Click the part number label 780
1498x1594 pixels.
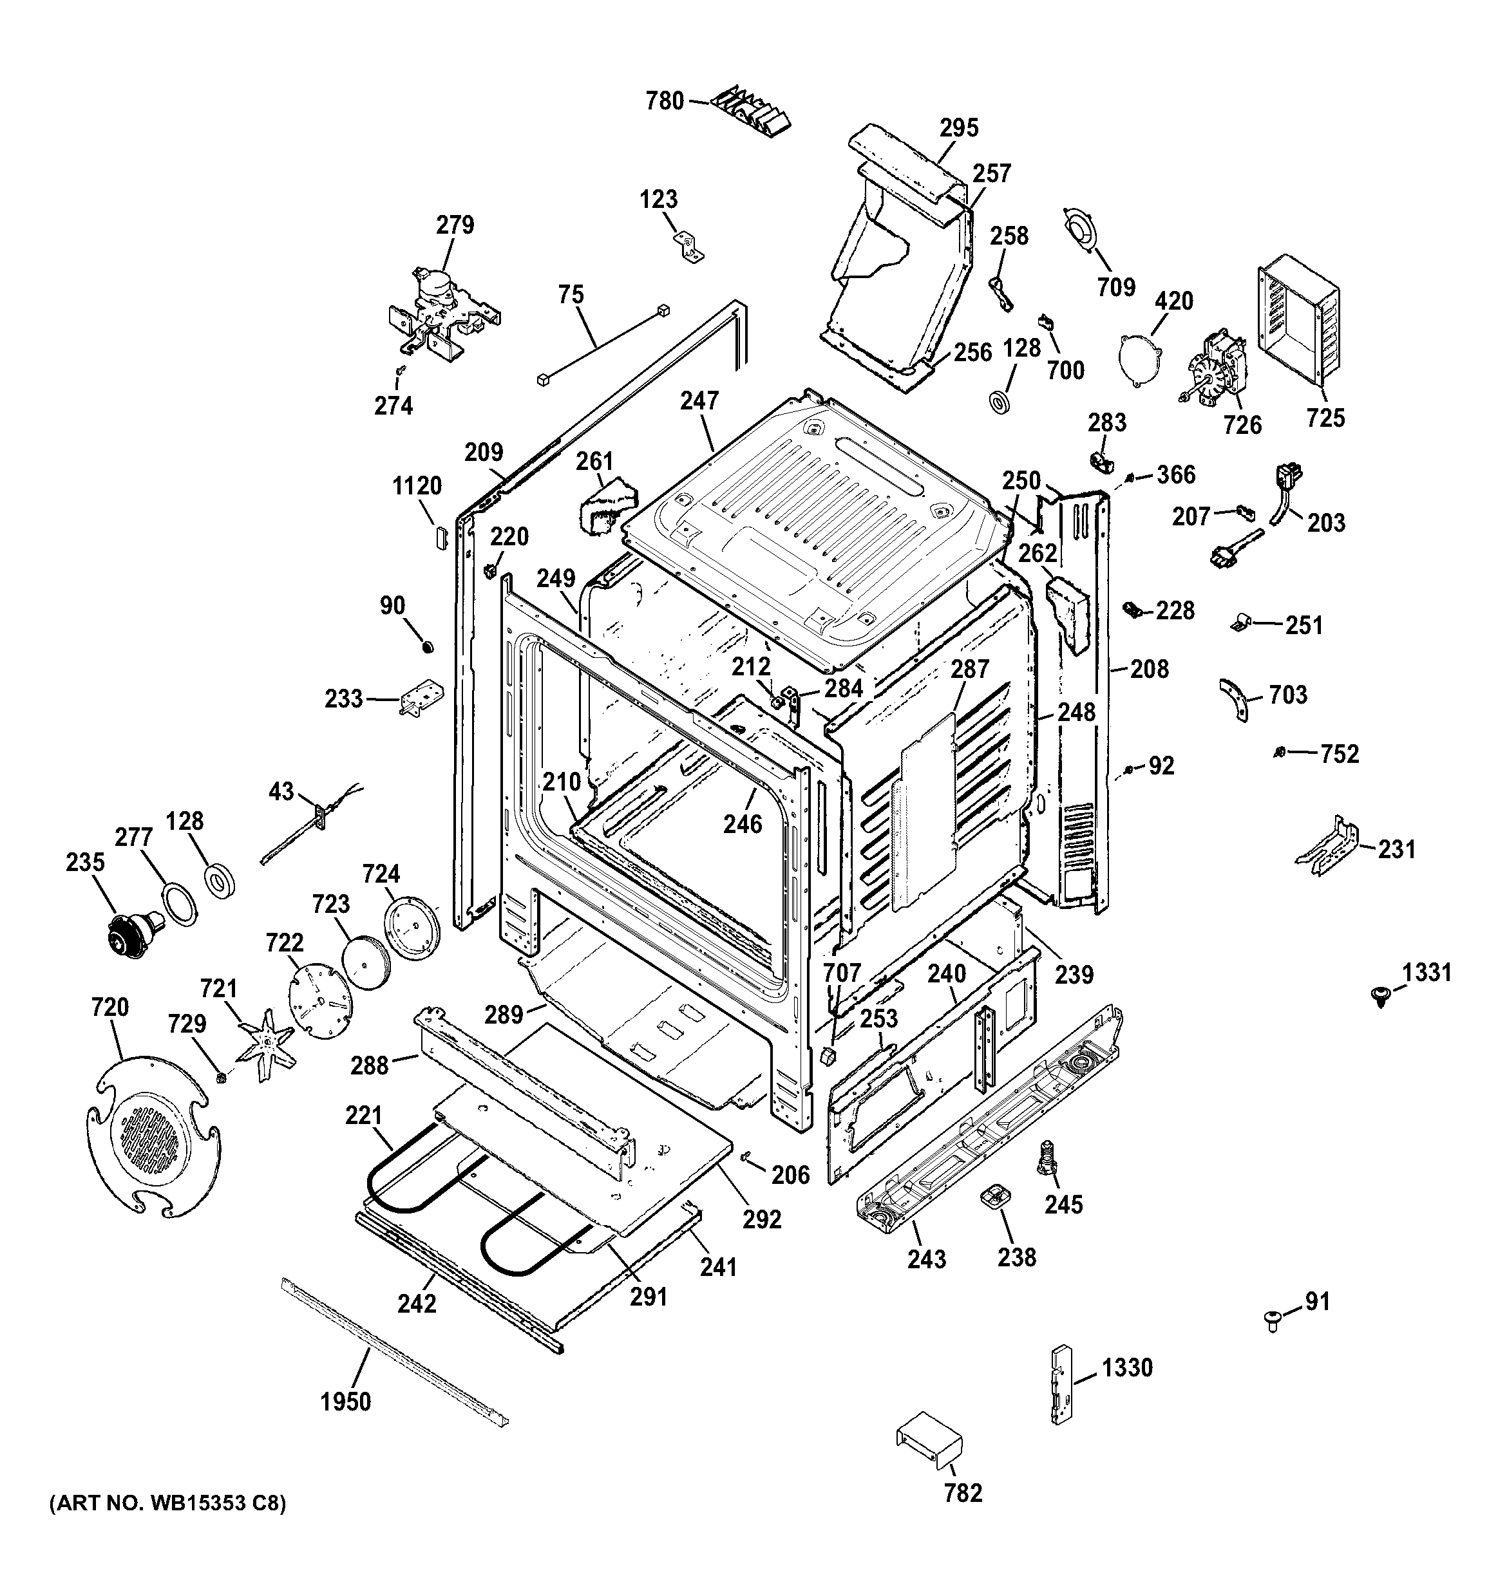(665, 101)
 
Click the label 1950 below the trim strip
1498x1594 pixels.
(346, 1402)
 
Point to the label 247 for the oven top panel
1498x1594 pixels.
(699, 401)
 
